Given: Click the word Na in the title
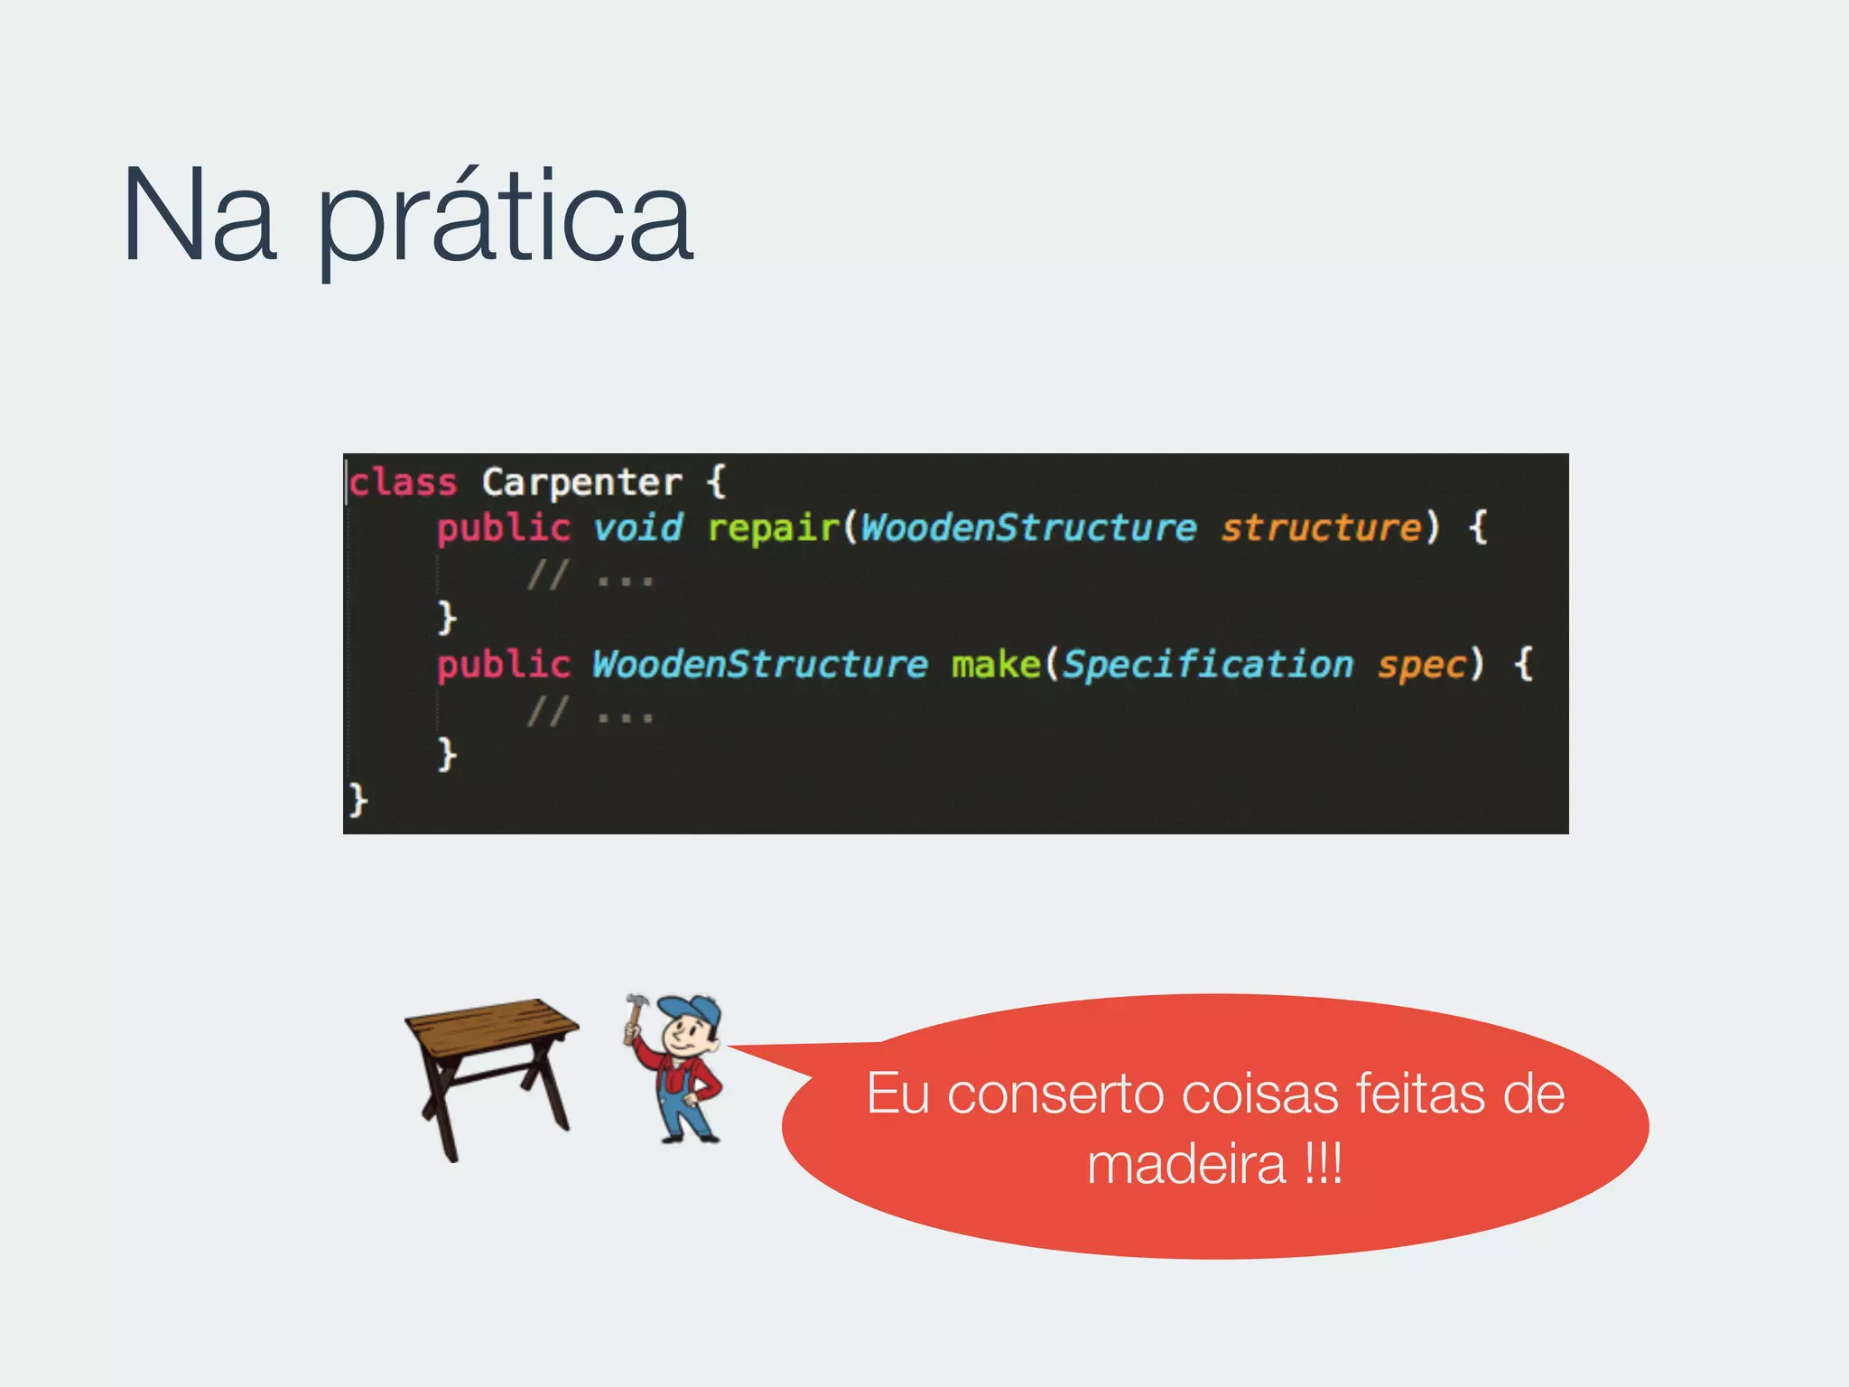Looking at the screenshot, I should click(199, 217).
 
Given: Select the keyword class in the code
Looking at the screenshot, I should click(404, 482).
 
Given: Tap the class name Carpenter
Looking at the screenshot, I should click(581, 482).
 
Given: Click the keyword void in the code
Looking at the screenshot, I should click(637, 527).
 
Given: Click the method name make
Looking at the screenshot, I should click(996, 665).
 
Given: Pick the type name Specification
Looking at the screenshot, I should click(1207, 665).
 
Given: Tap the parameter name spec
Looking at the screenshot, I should click(1421, 665).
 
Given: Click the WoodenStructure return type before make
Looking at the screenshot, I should click(759, 665).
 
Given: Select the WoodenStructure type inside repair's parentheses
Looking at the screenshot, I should click(1028, 527).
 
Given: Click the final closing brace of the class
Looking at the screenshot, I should click(358, 800).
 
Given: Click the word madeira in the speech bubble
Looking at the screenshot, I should click(1186, 1164).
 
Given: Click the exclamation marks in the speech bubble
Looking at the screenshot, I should click(1324, 1164).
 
